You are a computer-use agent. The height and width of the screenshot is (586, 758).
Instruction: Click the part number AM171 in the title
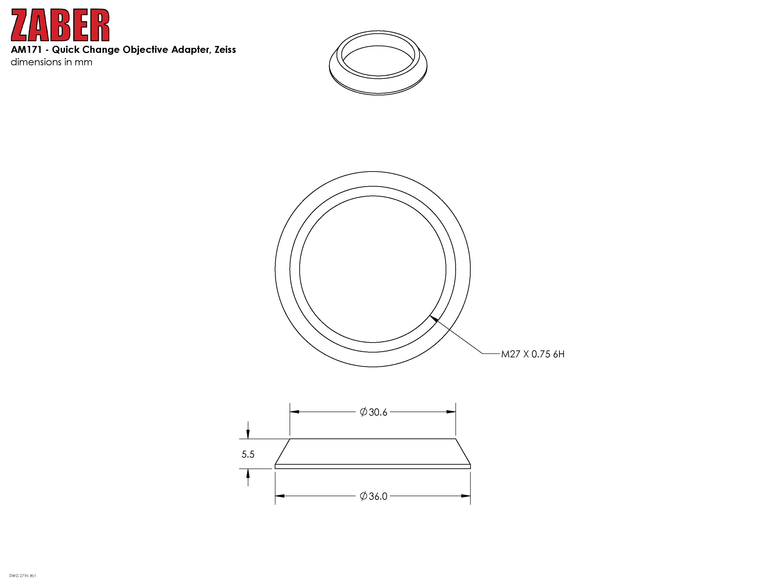click(x=26, y=50)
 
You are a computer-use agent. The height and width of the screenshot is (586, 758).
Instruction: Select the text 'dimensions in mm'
click(x=51, y=62)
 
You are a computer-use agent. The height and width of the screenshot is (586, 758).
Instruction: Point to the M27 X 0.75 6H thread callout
click(x=533, y=354)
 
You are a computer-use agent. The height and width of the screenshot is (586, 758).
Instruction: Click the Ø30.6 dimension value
click(x=373, y=412)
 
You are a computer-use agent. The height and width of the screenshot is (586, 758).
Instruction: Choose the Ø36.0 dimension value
click(x=373, y=496)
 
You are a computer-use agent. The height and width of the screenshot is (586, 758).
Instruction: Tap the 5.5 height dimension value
click(x=248, y=454)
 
